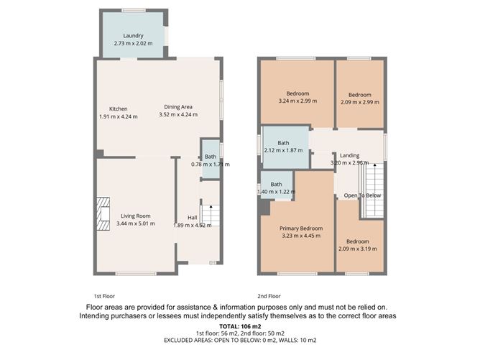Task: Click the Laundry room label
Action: click(x=133, y=36)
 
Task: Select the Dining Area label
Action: click(x=177, y=107)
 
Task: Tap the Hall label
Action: click(x=193, y=218)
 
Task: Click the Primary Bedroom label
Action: click(x=301, y=229)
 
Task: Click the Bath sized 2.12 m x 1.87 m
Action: click(x=285, y=146)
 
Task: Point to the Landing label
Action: click(x=350, y=155)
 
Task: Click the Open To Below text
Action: click(x=362, y=195)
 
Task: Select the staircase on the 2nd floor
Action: click(x=374, y=188)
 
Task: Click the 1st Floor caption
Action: click(x=104, y=295)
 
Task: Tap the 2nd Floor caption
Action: click(x=269, y=295)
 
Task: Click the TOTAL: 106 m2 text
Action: click(x=239, y=327)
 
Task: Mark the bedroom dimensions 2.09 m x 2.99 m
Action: click(x=359, y=102)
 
